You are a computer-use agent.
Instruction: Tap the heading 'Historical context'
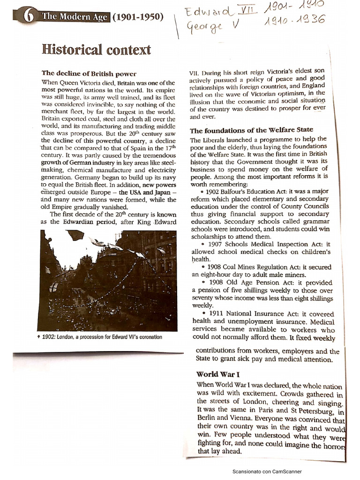tap(97, 50)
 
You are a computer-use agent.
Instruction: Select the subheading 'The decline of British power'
tap(89, 73)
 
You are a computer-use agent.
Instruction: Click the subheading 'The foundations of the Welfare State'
tap(251, 130)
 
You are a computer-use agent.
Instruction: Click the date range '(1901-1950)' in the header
tap(138, 18)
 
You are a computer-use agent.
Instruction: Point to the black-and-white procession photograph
tap(108, 280)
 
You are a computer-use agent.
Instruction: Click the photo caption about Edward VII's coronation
tap(101, 337)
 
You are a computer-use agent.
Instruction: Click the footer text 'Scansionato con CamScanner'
tap(267, 472)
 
